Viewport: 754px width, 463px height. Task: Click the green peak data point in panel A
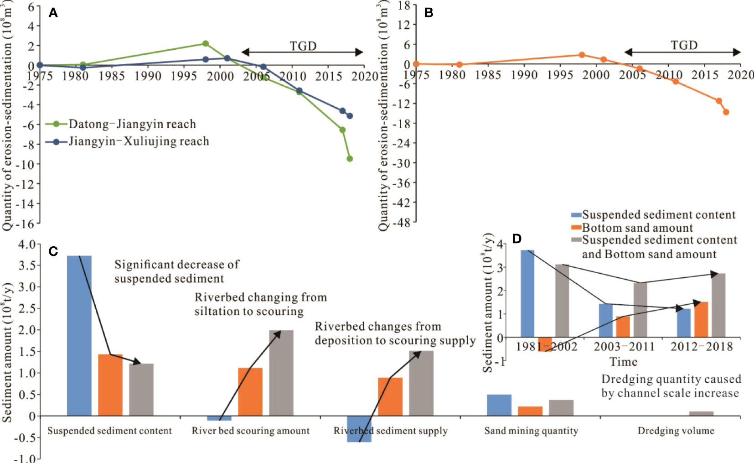click(x=205, y=44)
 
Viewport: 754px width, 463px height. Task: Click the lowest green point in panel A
click(x=350, y=159)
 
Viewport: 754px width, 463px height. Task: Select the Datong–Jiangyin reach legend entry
click(x=132, y=124)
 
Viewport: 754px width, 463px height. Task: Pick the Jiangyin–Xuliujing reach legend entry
click(x=139, y=141)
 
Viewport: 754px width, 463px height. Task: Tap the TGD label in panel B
click(x=684, y=46)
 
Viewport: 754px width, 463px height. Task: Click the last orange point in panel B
click(x=726, y=112)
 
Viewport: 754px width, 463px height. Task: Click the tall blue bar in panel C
click(x=79, y=335)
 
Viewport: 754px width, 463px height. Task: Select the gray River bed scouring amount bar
click(x=281, y=373)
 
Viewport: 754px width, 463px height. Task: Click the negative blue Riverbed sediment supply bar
click(x=359, y=429)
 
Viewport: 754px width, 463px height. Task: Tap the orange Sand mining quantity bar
click(x=530, y=411)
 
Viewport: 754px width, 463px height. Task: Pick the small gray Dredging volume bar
click(x=701, y=414)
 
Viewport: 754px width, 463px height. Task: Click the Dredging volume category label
click(x=676, y=431)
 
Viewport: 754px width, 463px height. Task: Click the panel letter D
click(x=516, y=239)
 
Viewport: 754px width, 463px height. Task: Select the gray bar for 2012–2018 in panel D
click(x=718, y=305)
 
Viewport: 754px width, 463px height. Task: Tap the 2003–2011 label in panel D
click(x=624, y=347)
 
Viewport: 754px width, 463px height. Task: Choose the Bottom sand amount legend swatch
click(x=576, y=228)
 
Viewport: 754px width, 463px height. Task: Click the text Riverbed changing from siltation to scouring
click(x=260, y=304)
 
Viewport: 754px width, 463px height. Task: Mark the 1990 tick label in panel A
click(x=148, y=76)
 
